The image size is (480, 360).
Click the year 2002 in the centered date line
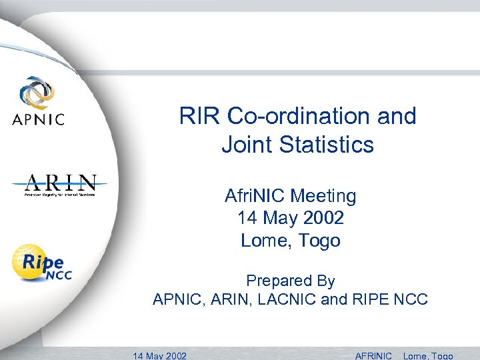coord(322,218)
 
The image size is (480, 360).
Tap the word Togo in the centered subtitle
coord(319,240)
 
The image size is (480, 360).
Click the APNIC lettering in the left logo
coord(38,120)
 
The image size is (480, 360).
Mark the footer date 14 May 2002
coord(160,355)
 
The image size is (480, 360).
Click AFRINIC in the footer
coord(374,355)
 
